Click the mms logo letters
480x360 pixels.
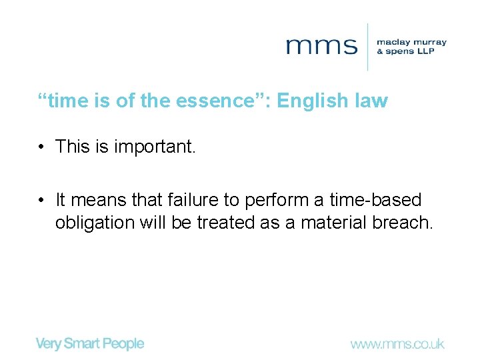tap(321, 46)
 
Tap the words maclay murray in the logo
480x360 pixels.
tap(411, 42)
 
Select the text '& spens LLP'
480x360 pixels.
tap(405, 51)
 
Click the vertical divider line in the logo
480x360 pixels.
tap(368, 46)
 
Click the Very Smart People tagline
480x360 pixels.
tap(89, 344)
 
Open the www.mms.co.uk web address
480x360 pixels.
tap(397, 345)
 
